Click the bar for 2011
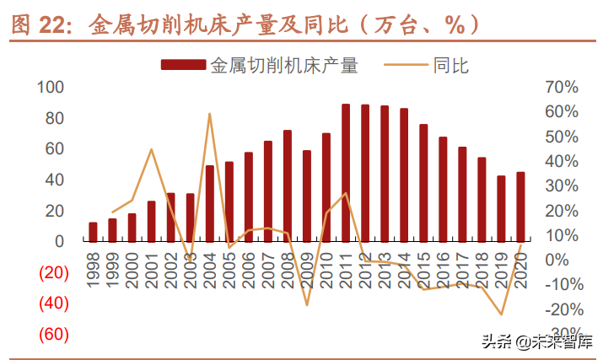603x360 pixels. (346, 173)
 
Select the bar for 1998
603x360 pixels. (93, 232)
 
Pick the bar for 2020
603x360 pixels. (520, 207)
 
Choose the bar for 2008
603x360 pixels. (288, 185)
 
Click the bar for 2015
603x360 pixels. (423, 183)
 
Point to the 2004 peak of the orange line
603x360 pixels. (209, 114)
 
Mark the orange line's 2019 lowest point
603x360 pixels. (501, 314)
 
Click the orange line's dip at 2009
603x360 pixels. (307, 304)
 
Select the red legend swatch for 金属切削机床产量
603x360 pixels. (182, 65)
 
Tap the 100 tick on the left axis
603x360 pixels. (51, 87)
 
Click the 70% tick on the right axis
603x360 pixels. (561, 87)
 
